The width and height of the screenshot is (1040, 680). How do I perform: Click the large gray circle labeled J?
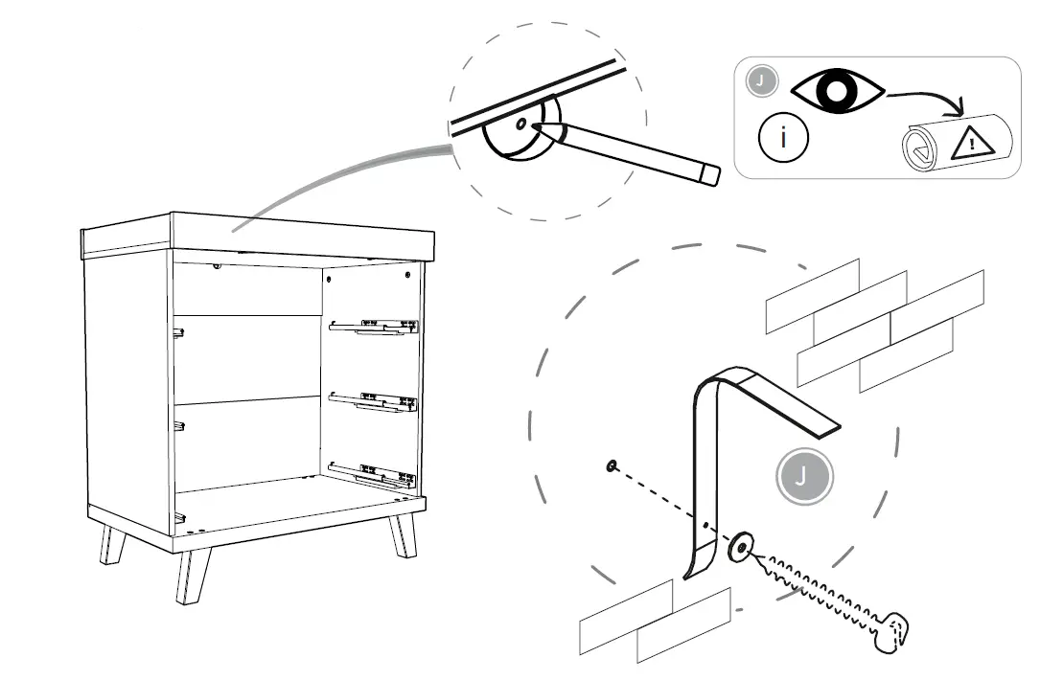804,476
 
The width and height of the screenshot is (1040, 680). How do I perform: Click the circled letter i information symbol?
784,137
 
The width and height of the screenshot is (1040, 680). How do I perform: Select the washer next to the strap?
740,548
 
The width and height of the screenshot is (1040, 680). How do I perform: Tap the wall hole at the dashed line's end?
611,466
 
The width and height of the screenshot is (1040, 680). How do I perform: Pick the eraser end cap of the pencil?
709,174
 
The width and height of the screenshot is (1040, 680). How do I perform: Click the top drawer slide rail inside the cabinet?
374,328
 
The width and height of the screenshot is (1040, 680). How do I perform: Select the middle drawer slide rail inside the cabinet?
374,400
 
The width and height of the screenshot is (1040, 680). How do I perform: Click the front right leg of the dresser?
404,537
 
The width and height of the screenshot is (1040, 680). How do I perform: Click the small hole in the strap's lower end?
706,526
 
